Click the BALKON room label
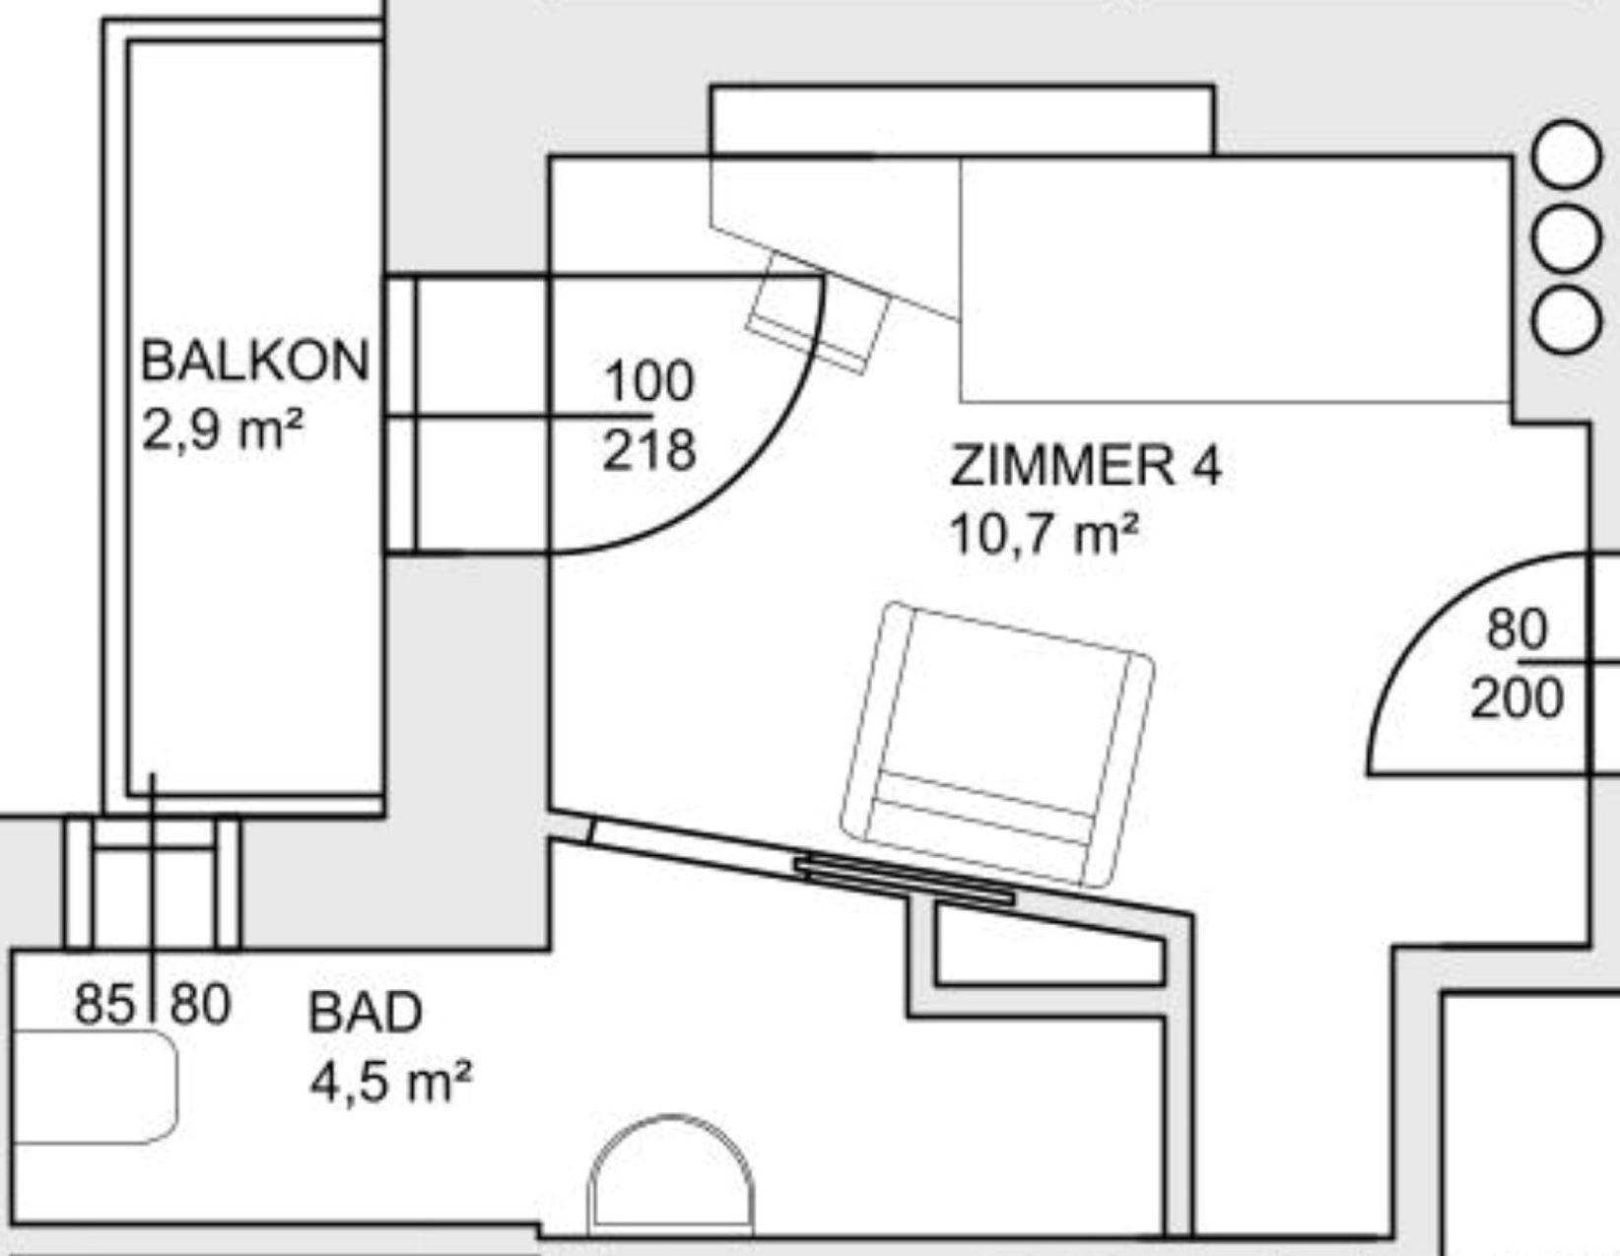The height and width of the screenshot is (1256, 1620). tap(255, 361)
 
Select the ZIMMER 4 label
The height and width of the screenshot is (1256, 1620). tap(1086, 466)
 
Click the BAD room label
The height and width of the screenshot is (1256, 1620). tap(366, 1013)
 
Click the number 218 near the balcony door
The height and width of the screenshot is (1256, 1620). tap(648, 450)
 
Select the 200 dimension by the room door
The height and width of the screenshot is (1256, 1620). tap(1517, 698)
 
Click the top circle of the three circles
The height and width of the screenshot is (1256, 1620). tap(1567, 156)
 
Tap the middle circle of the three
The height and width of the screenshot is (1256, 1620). tap(1567, 237)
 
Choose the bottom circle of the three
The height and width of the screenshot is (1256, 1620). tap(1567, 320)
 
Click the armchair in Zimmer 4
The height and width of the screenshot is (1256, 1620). tap(997, 744)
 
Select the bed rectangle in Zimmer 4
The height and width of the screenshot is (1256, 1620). tap(1236, 280)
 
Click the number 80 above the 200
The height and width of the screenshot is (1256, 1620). tap(1518, 629)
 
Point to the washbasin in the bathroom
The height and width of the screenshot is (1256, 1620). tap(94, 1087)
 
